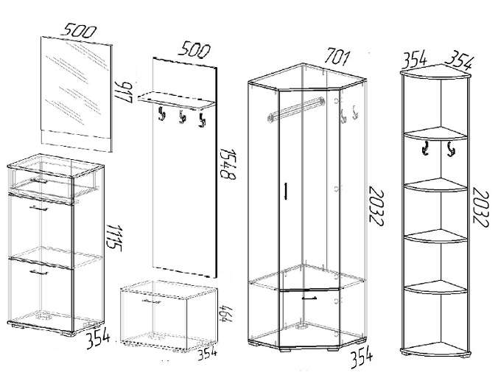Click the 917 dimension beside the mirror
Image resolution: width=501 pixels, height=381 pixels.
click(123, 92)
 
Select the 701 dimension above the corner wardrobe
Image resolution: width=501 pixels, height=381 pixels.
click(337, 57)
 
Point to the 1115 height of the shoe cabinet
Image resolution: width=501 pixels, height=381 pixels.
click(113, 237)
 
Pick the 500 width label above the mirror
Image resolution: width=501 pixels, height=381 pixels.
click(78, 31)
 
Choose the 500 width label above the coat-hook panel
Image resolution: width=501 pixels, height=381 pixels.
click(195, 51)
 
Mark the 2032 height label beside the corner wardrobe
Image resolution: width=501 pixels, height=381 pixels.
click(376, 206)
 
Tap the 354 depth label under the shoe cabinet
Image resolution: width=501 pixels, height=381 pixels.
click(98, 340)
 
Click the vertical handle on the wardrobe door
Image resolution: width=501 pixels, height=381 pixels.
click(286, 191)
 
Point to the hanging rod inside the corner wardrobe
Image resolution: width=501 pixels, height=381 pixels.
click(296, 109)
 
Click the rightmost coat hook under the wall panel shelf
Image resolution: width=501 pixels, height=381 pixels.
click(202, 119)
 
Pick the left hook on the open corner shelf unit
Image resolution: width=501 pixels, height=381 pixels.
click(426, 148)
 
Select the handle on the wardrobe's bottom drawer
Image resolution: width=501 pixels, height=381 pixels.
click(309, 298)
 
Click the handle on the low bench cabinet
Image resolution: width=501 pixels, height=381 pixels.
click(151, 301)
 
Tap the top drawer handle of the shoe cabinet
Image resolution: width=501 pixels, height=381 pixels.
click(38, 181)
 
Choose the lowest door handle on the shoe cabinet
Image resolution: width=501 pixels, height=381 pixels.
click(38, 273)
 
